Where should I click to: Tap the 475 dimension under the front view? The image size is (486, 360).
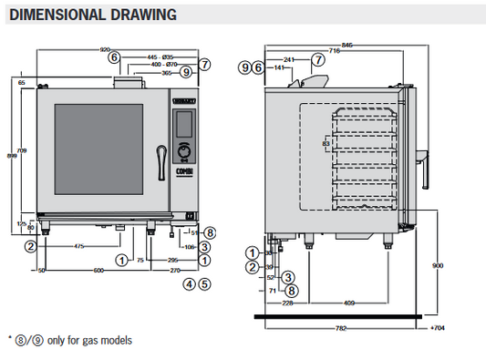[79, 245]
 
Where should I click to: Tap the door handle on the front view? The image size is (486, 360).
[160, 156]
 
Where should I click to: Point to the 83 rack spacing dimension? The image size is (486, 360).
[326, 143]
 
